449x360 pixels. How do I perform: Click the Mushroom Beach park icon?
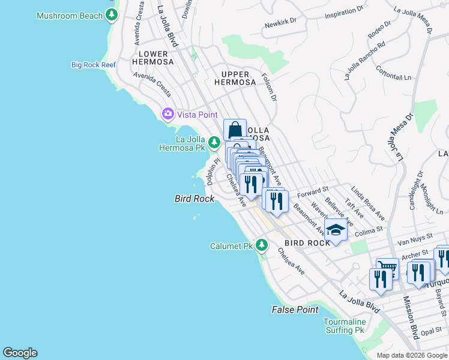click(111, 15)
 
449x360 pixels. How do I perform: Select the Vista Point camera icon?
click(167, 113)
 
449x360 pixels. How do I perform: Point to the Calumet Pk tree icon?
click(261, 245)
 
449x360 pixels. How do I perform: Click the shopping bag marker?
click(235, 130)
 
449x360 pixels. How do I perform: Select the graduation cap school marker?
click(336, 230)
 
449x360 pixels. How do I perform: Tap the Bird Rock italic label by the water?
click(194, 199)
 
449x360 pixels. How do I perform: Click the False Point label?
click(295, 310)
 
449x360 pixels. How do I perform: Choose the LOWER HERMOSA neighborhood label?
click(152, 58)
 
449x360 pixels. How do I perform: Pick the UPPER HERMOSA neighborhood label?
click(231, 78)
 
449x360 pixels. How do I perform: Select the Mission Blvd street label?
click(411, 318)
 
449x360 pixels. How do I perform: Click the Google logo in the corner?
click(20, 353)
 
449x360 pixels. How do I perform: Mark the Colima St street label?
click(369, 230)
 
